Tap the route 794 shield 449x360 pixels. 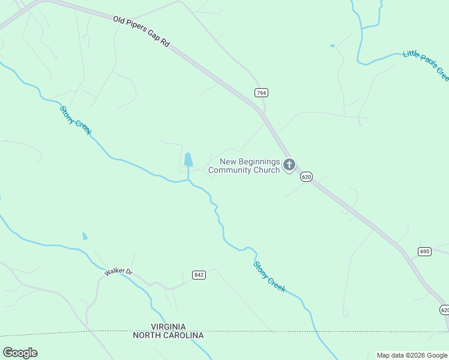[261, 93]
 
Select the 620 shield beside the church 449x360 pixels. [306, 177]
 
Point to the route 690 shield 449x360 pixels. [425, 251]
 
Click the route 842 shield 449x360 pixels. [199, 275]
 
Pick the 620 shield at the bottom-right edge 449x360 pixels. [444, 310]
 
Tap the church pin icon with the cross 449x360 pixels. [289, 164]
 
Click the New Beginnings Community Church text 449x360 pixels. [244, 166]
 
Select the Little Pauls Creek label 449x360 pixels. [426, 65]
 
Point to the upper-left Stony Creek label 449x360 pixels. [76, 120]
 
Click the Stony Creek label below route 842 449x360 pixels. [269, 276]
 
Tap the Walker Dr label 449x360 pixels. [118, 272]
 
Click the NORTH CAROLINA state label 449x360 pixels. [168, 335]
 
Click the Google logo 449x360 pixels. [20, 353]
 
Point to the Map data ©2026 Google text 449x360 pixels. [412, 355]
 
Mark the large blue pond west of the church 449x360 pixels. [188, 160]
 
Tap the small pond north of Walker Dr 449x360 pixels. [85, 236]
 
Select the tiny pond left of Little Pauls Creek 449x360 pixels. [332, 46]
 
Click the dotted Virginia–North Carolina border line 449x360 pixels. [300, 331]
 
